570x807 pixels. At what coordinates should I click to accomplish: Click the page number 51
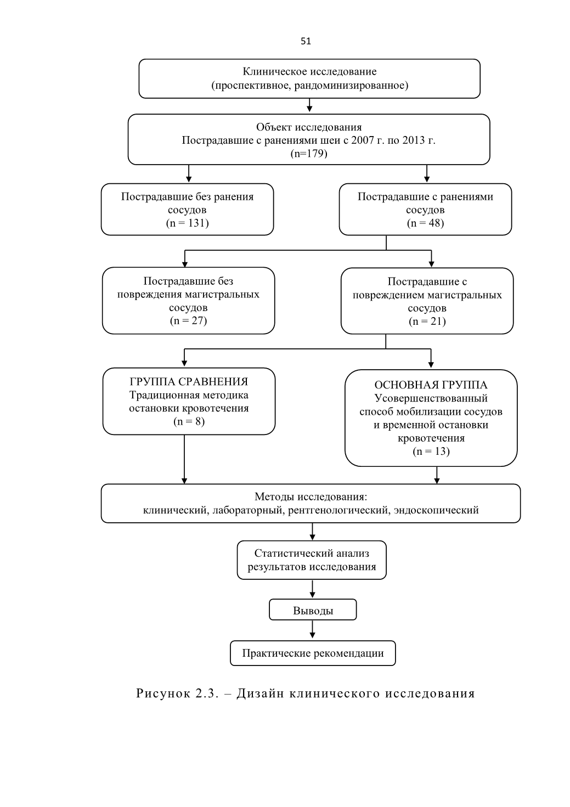coord(306,42)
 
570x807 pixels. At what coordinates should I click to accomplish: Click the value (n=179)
coord(309,154)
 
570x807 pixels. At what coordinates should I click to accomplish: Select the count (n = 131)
coord(188,223)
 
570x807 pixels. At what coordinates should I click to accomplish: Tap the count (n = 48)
coord(425,223)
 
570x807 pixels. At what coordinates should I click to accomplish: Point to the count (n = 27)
coord(188,320)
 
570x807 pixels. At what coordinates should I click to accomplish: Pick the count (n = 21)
coord(427,321)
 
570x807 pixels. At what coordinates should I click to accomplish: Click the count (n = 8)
coord(189,421)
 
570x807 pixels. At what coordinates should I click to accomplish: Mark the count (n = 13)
coord(431,451)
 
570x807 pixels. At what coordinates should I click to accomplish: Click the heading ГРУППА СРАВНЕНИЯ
coord(189,381)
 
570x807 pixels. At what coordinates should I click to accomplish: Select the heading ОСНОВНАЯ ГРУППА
coord(431,385)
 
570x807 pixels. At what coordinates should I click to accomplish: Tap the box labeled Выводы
coord(313,610)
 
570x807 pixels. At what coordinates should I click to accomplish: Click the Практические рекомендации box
coord(313,653)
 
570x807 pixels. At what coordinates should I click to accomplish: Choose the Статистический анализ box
coord(312,560)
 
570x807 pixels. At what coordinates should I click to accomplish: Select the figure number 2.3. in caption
coord(207,693)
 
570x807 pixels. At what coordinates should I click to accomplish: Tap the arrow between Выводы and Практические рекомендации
coord(312,629)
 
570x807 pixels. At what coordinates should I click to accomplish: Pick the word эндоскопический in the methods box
coord(436,510)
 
